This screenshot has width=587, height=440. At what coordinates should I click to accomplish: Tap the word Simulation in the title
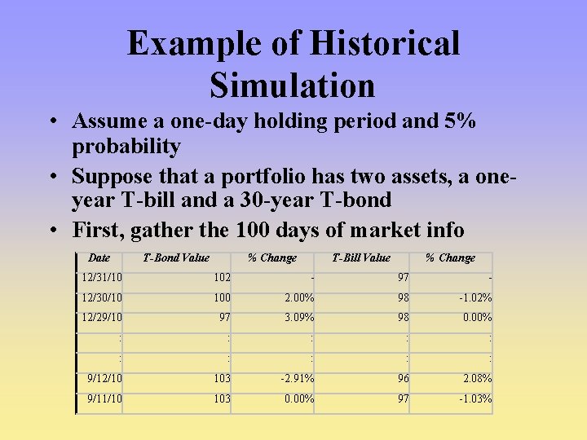(292, 86)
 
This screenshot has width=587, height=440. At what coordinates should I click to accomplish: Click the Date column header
(99, 257)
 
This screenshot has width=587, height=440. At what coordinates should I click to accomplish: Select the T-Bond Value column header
(176, 258)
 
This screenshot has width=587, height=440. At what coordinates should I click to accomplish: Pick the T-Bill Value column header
(361, 258)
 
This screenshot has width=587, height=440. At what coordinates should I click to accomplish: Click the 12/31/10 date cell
(102, 278)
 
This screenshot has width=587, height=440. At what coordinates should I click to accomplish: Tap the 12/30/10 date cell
(102, 298)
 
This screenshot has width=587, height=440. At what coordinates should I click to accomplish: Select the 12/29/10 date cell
(102, 318)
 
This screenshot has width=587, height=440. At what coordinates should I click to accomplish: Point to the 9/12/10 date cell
(104, 379)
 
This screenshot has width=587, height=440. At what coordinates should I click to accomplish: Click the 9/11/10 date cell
(104, 399)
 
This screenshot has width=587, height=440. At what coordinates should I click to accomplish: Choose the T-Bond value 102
(221, 278)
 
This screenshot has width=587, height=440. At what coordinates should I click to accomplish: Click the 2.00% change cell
(298, 298)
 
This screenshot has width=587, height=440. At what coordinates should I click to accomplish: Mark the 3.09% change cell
(298, 318)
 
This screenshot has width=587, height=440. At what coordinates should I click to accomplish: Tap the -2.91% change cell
(297, 379)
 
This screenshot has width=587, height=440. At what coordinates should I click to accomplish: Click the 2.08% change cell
(477, 379)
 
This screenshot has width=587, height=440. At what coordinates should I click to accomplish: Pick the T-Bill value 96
(403, 379)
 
